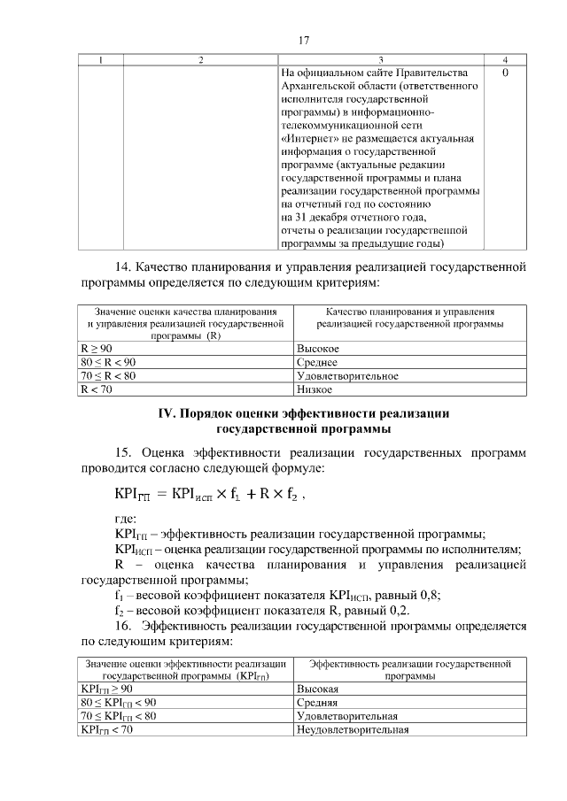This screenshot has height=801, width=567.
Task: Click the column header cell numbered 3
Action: click(x=380, y=59)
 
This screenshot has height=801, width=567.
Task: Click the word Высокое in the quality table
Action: click(x=318, y=349)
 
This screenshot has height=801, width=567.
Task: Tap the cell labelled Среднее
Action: click(x=317, y=362)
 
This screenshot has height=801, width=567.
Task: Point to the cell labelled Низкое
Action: click(x=315, y=389)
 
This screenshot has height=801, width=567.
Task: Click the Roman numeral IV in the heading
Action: click(x=167, y=413)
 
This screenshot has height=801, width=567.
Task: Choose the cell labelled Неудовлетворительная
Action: click(x=352, y=729)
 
